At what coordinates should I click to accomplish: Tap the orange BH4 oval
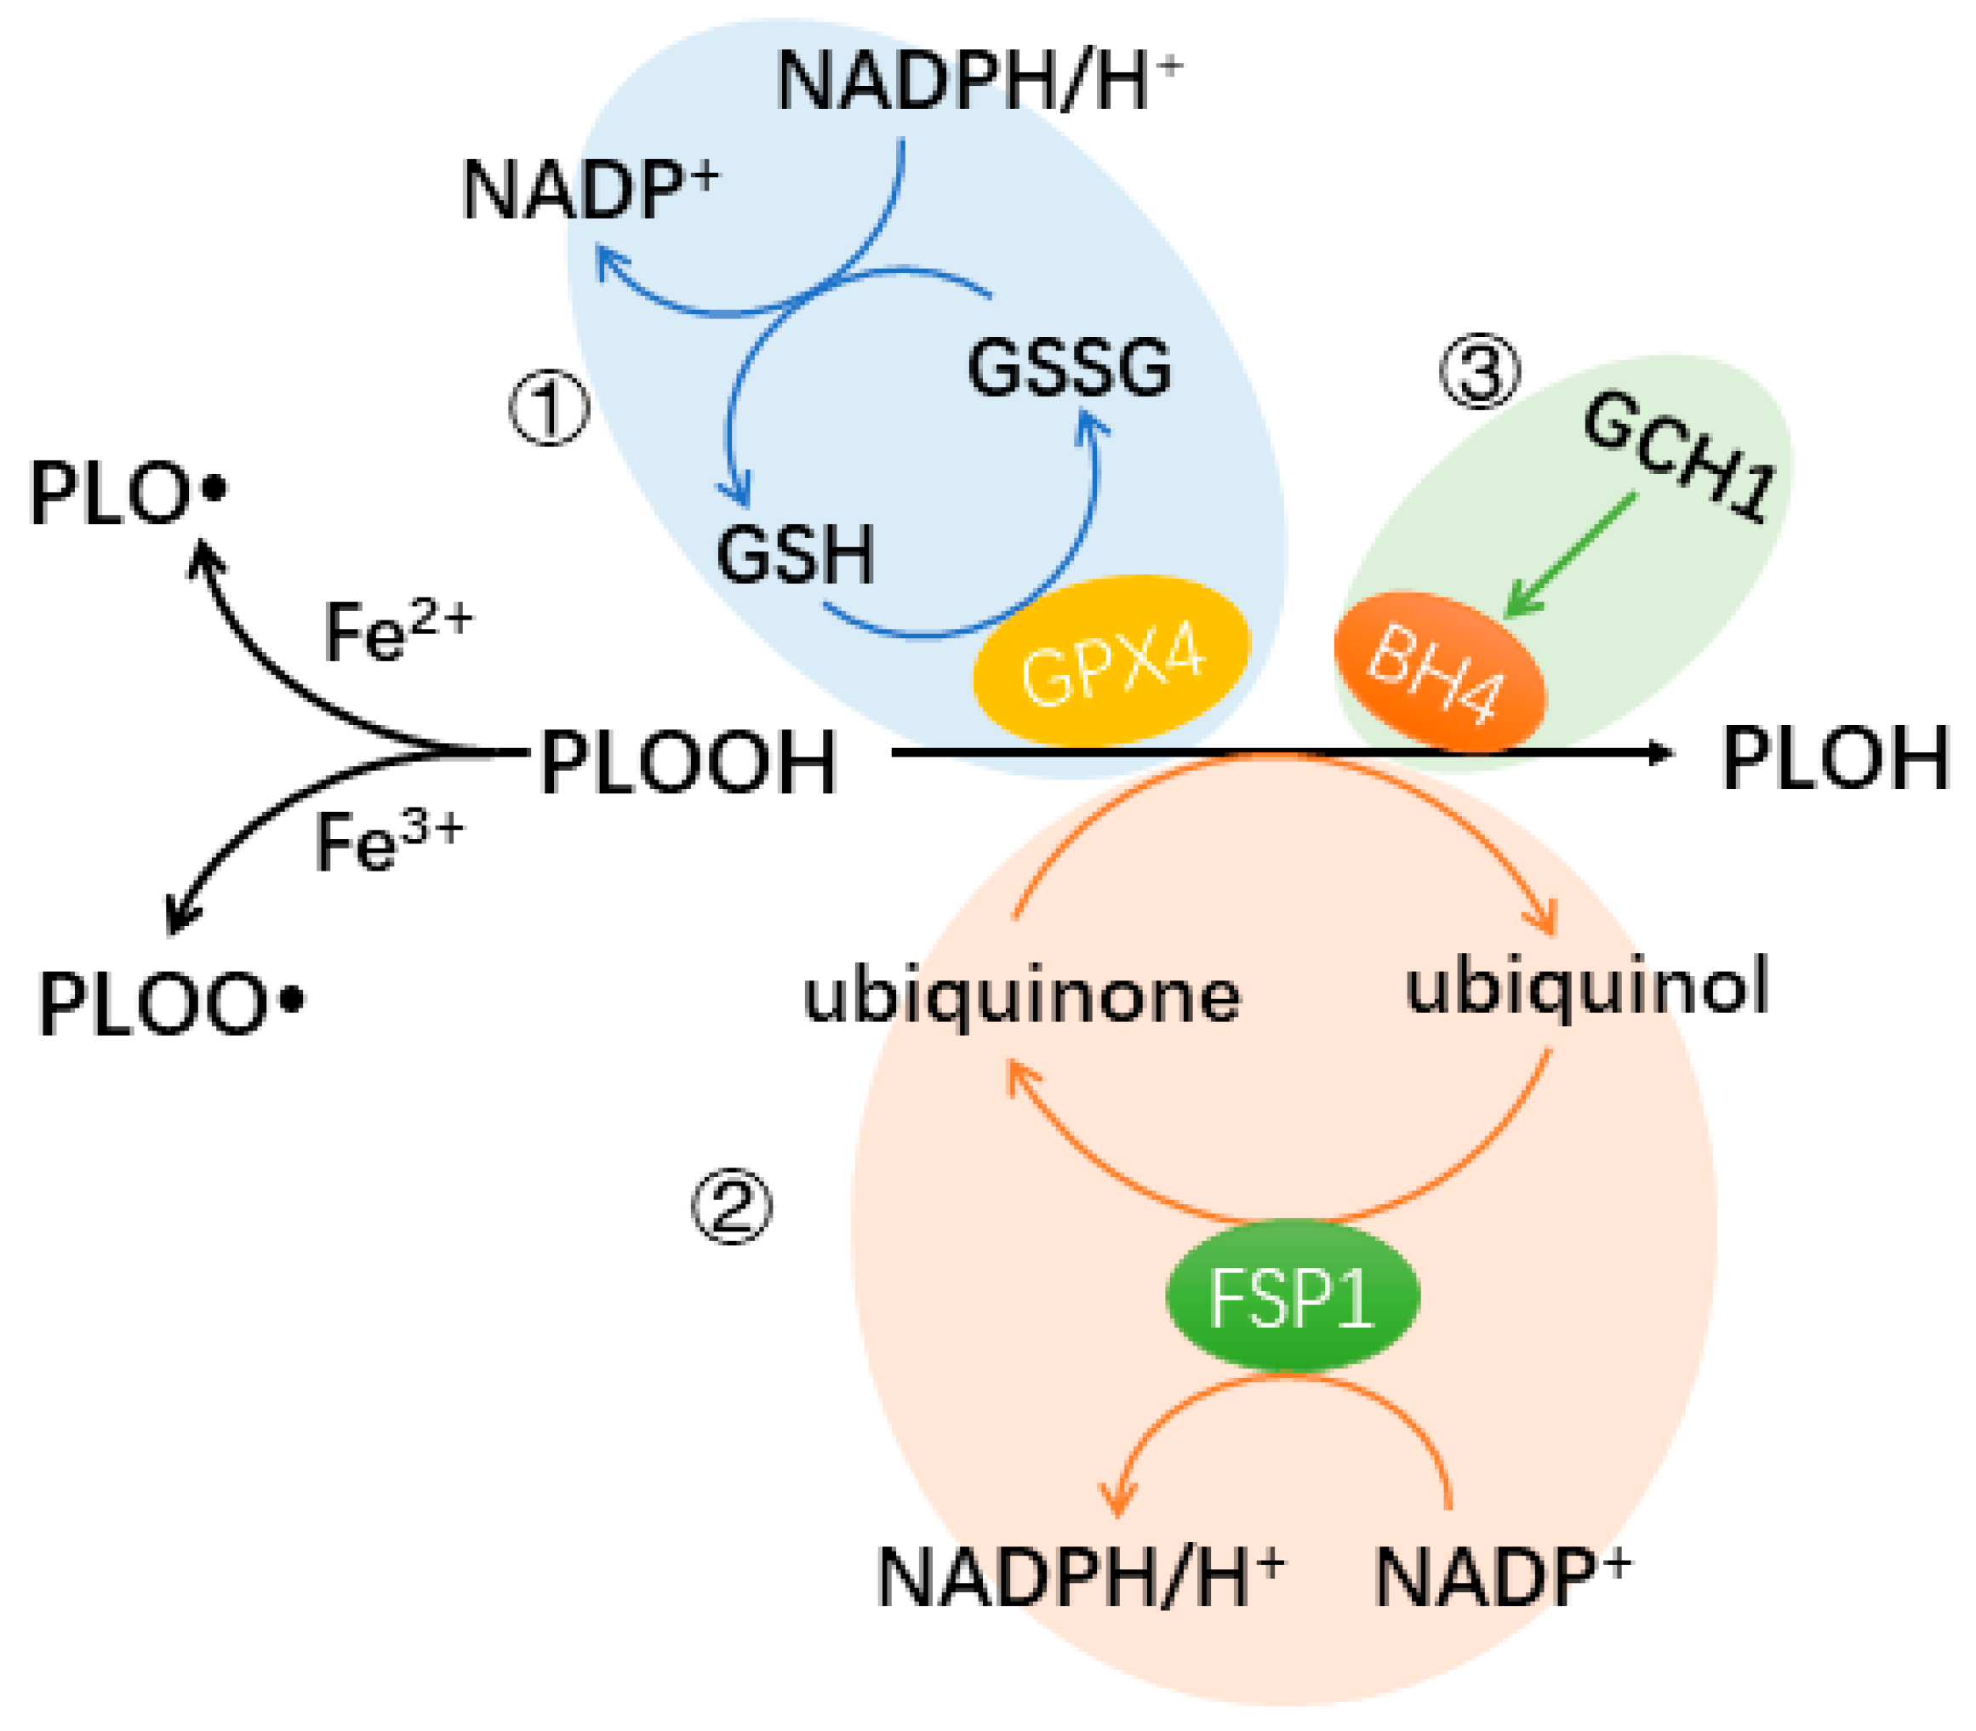tap(1438, 671)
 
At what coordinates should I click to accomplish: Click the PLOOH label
tap(688, 763)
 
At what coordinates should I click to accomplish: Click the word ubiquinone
tap(1021, 997)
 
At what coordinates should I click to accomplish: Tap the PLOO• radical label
tap(170, 1004)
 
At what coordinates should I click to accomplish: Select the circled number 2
tap(731, 1208)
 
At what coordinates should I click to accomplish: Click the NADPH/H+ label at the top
tap(978, 81)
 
